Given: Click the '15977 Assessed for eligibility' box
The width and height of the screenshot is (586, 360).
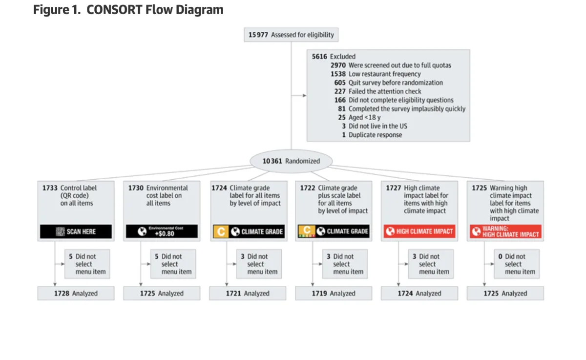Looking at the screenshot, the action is (x=291, y=35).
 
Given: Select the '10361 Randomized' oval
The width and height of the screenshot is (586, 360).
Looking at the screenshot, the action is (x=291, y=161).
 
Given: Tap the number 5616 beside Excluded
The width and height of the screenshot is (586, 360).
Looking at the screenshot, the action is (x=319, y=57).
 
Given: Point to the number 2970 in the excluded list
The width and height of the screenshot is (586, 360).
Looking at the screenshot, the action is (x=338, y=65).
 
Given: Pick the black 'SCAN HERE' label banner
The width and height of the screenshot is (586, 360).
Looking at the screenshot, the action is (x=76, y=232).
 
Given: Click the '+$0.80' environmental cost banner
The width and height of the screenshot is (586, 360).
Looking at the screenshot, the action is (x=162, y=232).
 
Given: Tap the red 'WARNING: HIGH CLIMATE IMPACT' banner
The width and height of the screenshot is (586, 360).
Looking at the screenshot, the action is (x=505, y=232).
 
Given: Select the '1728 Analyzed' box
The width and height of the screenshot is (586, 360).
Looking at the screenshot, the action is (x=76, y=293).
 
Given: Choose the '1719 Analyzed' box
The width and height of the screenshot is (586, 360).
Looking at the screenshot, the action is (x=334, y=293).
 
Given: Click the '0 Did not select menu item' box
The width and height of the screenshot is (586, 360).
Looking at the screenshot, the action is (x=517, y=264).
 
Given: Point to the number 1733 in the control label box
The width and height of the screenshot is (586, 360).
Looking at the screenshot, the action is (x=50, y=188).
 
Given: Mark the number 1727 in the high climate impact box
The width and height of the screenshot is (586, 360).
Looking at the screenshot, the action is (x=394, y=188).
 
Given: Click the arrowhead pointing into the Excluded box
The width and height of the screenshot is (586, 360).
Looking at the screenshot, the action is (x=305, y=95).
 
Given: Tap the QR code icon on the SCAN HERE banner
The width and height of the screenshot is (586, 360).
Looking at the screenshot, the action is (x=60, y=232).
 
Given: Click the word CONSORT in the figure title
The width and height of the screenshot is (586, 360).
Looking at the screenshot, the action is (x=114, y=10).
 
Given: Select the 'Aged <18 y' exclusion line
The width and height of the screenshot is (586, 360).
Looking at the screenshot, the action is (x=364, y=117).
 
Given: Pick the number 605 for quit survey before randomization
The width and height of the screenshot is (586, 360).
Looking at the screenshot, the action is (x=340, y=83).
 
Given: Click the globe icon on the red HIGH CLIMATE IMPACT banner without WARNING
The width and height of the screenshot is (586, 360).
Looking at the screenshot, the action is (x=390, y=231).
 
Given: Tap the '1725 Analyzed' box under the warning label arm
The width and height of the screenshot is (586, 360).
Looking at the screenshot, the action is (x=505, y=293).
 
